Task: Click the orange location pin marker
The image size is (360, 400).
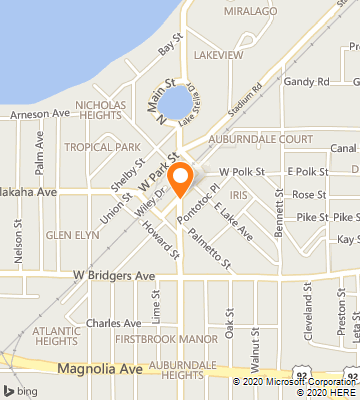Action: (x=180, y=179)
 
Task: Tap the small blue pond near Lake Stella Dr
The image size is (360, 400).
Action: (x=176, y=101)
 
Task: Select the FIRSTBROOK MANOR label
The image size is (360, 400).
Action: (x=165, y=339)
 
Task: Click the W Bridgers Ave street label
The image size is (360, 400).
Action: (x=113, y=274)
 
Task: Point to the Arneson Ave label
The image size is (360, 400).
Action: (x=40, y=114)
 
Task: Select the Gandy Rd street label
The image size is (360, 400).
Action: (x=307, y=81)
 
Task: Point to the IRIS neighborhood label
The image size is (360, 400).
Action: (x=237, y=195)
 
